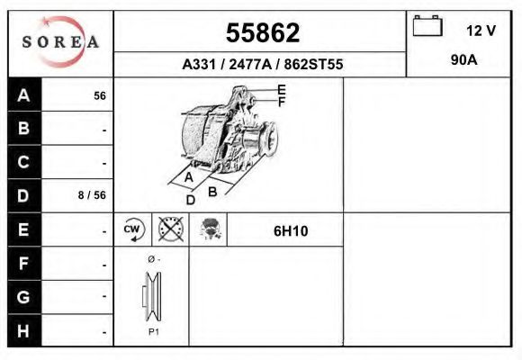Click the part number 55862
262,33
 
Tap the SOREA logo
60,42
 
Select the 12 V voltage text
481,31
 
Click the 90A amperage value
463,61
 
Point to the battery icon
427,27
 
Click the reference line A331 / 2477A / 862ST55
262,65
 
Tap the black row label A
24,95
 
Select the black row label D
24,194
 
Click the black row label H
24,329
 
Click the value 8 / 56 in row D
94,195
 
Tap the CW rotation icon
133,229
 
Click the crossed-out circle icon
170,229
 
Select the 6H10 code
291,230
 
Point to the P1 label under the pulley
153,332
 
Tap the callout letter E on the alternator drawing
282,90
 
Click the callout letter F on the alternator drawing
281,103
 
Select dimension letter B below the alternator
213,192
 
